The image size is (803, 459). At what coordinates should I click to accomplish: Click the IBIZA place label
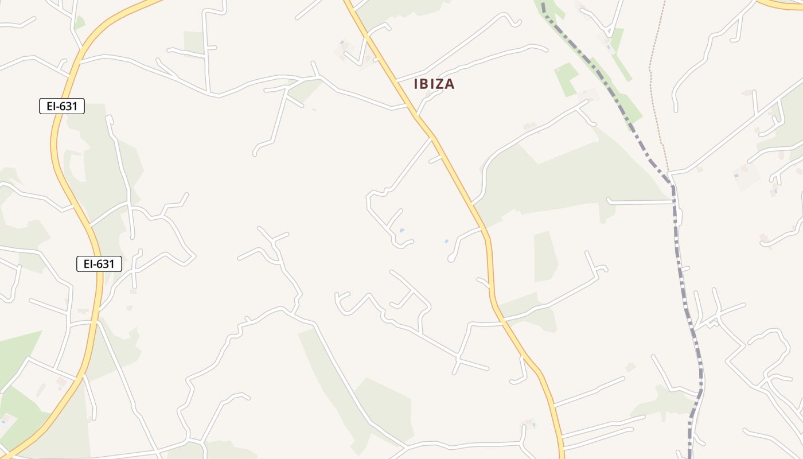click(434, 84)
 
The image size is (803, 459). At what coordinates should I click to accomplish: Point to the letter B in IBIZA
click(425, 84)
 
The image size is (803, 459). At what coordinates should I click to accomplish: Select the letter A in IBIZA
click(450, 84)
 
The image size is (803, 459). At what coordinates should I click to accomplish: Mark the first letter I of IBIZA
click(416, 84)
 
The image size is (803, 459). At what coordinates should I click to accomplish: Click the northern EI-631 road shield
click(62, 106)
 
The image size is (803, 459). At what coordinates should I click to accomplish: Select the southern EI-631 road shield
click(99, 264)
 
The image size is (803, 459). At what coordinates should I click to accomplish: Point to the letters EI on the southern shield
click(88, 264)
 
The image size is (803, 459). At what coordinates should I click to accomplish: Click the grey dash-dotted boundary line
click(683, 275)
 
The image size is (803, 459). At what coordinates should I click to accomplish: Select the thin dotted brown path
click(653, 86)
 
